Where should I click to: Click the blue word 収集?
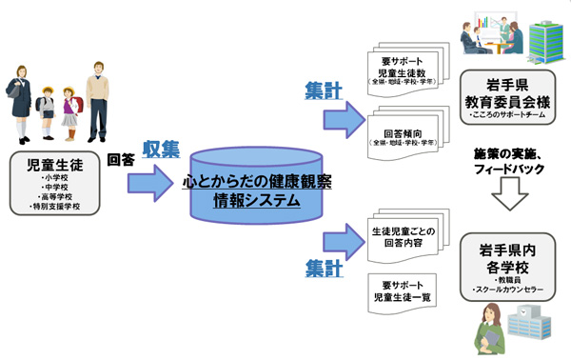pos(160,150)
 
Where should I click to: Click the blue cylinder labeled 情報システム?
pos(257,190)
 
